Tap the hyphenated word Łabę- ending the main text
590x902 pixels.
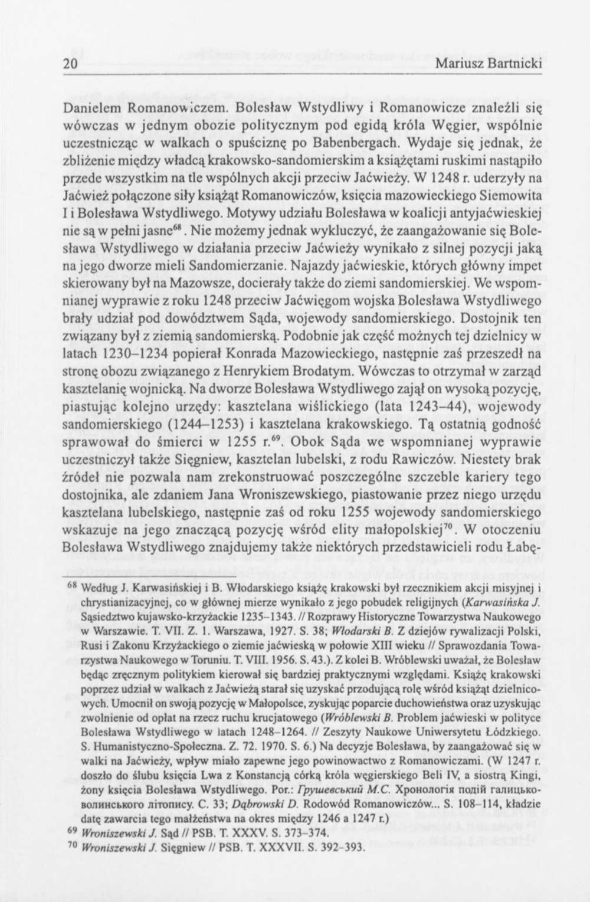[x=522, y=546]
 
